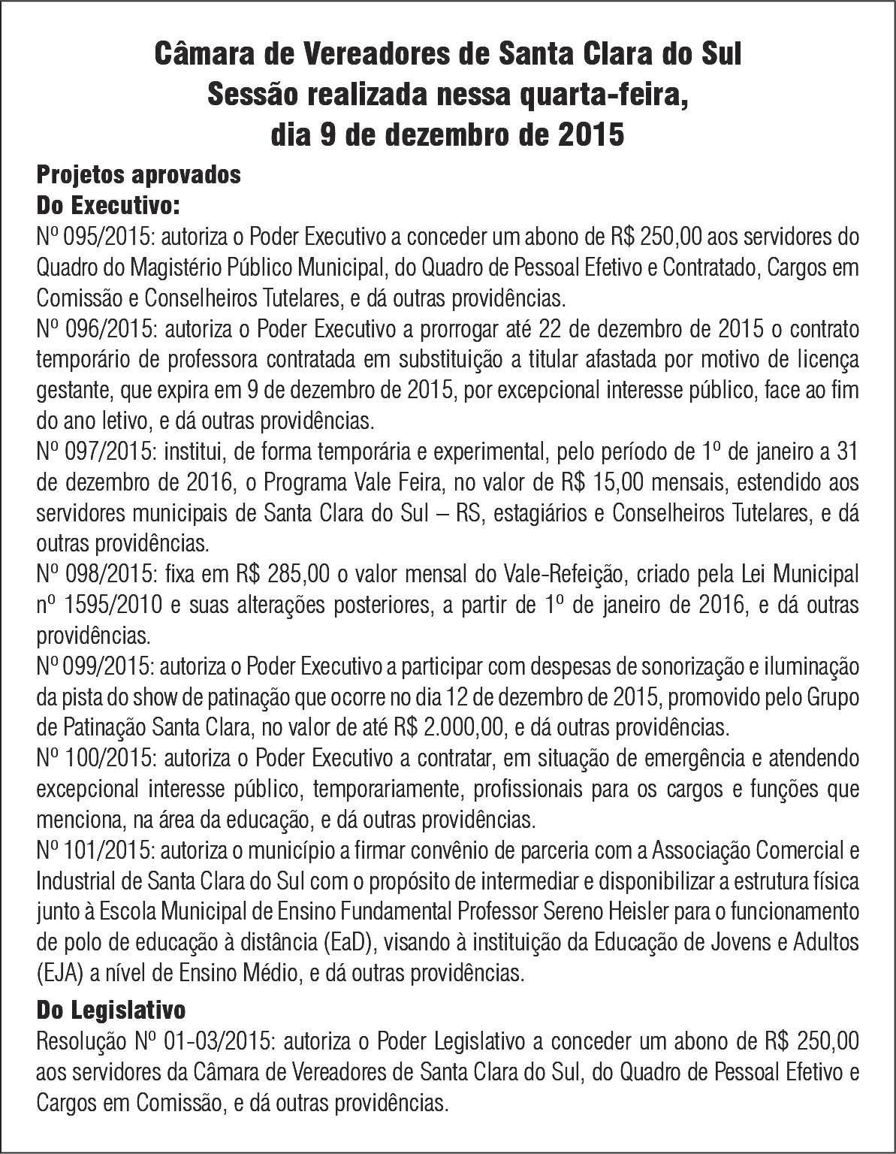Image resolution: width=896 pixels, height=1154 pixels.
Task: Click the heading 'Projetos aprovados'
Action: point(139,174)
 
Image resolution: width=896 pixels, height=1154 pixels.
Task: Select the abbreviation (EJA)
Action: point(59,974)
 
